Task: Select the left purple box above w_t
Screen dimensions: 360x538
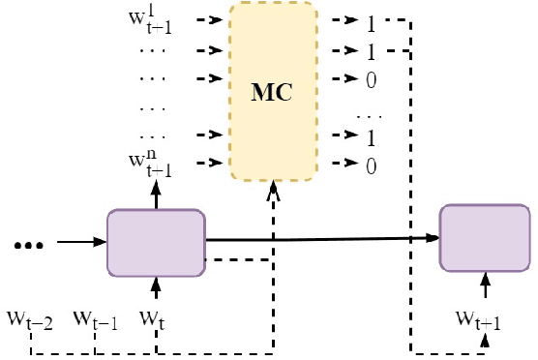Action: coord(156,242)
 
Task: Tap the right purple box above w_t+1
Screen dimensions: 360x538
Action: coord(486,237)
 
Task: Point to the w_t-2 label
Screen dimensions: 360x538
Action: coord(30,317)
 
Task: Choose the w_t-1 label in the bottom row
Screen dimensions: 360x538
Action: coord(95,317)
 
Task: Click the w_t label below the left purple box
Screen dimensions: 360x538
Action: coord(154,316)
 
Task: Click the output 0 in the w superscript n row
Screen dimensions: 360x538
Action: coord(371,165)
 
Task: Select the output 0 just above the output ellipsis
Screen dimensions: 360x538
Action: coord(371,79)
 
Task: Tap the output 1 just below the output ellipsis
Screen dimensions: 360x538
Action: coord(371,137)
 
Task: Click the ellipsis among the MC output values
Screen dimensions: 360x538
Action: coord(369,112)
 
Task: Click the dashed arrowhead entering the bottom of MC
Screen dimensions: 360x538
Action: coord(273,190)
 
